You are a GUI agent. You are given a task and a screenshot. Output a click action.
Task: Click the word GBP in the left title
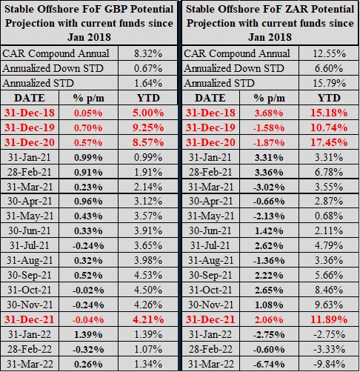(116, 9)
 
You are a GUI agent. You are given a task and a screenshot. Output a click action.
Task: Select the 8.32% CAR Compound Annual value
(148, 53)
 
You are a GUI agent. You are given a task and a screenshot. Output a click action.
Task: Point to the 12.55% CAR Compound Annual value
(329, 53)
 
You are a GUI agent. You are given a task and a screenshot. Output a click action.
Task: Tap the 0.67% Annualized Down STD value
(148, 68)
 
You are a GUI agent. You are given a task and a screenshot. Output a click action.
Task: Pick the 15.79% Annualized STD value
(329, 83)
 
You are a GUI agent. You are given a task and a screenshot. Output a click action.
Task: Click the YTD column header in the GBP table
(148, 98)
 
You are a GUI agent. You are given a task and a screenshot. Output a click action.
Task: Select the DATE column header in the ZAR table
(210, 98)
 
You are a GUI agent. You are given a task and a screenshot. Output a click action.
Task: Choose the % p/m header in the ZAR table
(269, 98)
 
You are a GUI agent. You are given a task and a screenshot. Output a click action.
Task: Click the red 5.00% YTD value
(148, 113)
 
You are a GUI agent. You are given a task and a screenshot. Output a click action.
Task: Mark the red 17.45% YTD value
(329, 142)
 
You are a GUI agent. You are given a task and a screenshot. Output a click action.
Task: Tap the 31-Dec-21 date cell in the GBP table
(30, 319)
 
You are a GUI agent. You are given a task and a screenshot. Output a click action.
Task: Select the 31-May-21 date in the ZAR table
(210, 216)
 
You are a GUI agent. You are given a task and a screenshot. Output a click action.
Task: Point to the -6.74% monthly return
(269, 364)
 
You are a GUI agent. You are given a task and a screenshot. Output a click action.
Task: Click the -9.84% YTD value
(329, 364)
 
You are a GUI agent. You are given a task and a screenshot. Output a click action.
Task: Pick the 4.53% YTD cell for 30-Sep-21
(148, 275)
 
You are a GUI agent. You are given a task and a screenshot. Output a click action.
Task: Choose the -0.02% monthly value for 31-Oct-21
(88, 290)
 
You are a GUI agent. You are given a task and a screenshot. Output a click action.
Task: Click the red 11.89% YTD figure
(329, 319)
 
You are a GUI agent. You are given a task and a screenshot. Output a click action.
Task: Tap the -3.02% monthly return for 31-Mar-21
(269, 187)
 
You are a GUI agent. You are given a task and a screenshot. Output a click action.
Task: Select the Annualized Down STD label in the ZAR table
(234, 68)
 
